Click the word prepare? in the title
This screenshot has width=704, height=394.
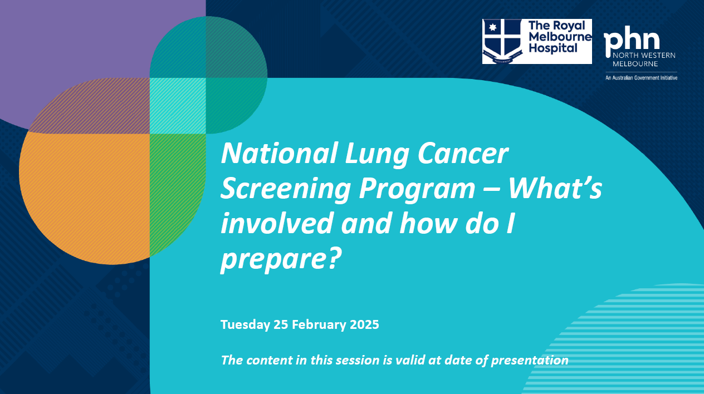tap(280, 259)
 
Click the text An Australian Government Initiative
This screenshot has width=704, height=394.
tap(641, 78)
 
